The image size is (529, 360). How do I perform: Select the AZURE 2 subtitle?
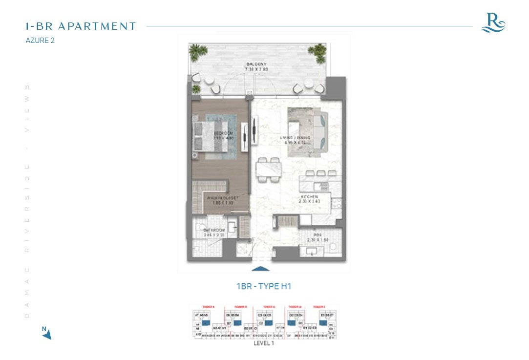[40, 41]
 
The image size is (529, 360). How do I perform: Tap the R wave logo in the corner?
[492, 22]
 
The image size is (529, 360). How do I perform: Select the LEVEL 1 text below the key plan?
[264, 343]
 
